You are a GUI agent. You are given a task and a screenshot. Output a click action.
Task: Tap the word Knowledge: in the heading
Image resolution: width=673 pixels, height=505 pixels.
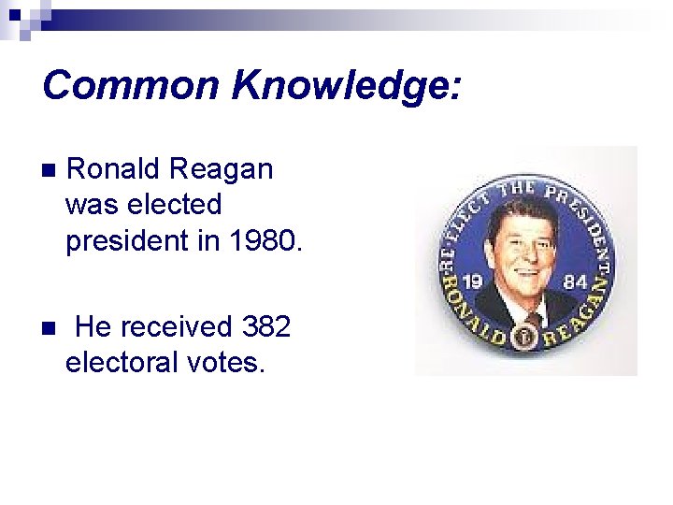[346, 86]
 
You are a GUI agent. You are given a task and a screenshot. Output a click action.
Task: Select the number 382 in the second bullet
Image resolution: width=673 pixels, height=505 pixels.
[266, 326]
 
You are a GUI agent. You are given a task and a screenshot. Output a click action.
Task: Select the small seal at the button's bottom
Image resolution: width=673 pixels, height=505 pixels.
[529, 334]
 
